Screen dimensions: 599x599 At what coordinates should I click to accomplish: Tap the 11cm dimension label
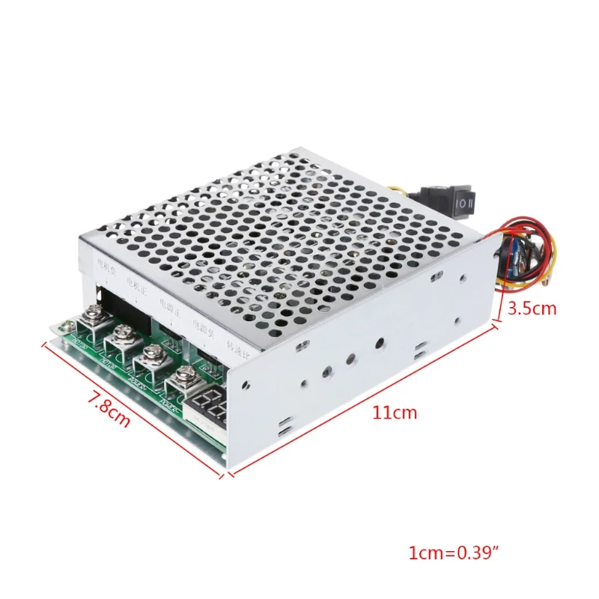point(394,412)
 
